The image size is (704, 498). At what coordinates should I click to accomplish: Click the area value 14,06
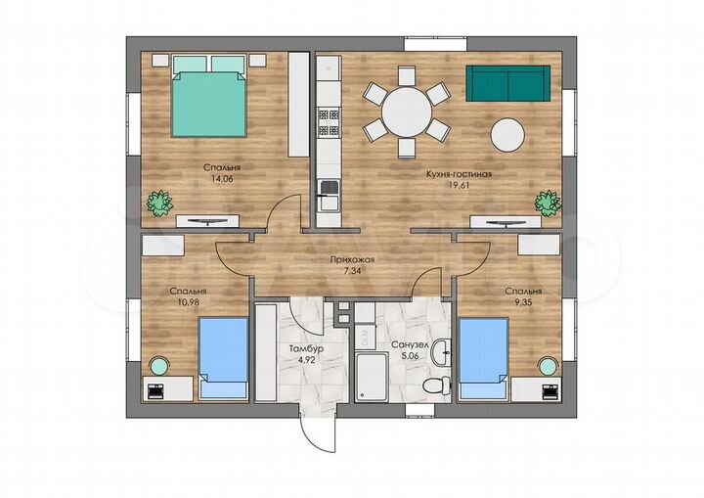tap(222, 178)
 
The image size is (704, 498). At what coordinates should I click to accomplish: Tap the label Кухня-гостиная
tap(459, 174)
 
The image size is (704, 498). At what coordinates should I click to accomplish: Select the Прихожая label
tap(352, 260)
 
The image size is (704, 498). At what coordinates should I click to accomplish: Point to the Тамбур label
tap(306, 348)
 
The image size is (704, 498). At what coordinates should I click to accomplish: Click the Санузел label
tap(410, 345)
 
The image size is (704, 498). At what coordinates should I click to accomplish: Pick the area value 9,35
tap(523, 302)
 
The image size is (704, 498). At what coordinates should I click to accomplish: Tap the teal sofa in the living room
tap(507, 83)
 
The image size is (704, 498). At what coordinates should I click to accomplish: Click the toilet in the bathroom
tap(436, 385)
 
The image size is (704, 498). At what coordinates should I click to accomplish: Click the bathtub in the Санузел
tap(371, 377)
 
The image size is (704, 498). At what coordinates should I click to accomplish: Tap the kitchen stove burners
tap(329, 122)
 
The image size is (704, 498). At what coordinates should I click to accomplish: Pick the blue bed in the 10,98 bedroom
tap(224, 358)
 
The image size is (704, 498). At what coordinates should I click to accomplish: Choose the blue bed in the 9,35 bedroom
tap(484, 359)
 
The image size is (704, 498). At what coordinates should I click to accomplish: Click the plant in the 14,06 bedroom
tap(159, 204)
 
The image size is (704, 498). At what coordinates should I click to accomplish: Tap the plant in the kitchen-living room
tap(548, 203)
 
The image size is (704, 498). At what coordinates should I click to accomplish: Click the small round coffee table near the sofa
tap(507, 135)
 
